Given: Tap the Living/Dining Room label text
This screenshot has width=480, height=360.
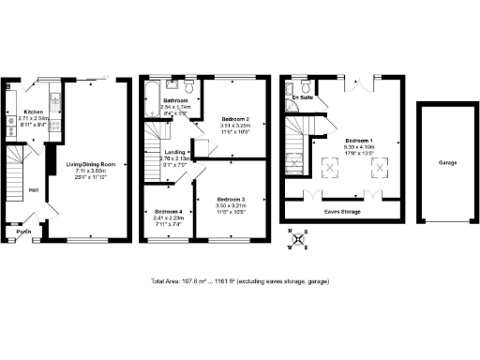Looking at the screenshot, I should (x=90, y=165).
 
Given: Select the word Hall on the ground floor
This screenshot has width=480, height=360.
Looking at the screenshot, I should (x=34, y=190).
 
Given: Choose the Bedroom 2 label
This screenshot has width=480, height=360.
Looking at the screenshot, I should (x=234, y=119).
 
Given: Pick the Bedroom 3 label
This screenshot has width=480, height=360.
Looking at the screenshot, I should (x=231, y=200).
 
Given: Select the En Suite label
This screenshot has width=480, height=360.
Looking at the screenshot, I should (x=302, y=97).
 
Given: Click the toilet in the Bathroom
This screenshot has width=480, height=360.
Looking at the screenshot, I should (x=189, y=87).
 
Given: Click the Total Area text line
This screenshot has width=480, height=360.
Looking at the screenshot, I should (x=240, y=281).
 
